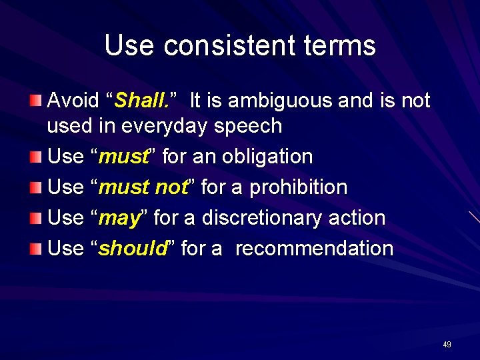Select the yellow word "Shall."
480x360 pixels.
pyautogui.click(x=141, y=101)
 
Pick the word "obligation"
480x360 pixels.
pyautogui.click(x=267, y=157)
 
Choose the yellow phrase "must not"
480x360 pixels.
pyautogui.click(x=143, y=188)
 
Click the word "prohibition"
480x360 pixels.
pyautogui.click(x=298, y=188)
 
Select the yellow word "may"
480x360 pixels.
pyautogui.click(x=121, y=219)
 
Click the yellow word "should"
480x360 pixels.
pyautogui.click(x=132, y=249)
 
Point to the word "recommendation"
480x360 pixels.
pyautogui.click(x=314, y=249)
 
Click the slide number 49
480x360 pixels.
pyautogui.click(x=447, y=345)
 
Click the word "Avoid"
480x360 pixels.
pyautogui.click(x=74, y=101)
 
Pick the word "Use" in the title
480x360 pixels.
pyautogui.click(x=130, y=46)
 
